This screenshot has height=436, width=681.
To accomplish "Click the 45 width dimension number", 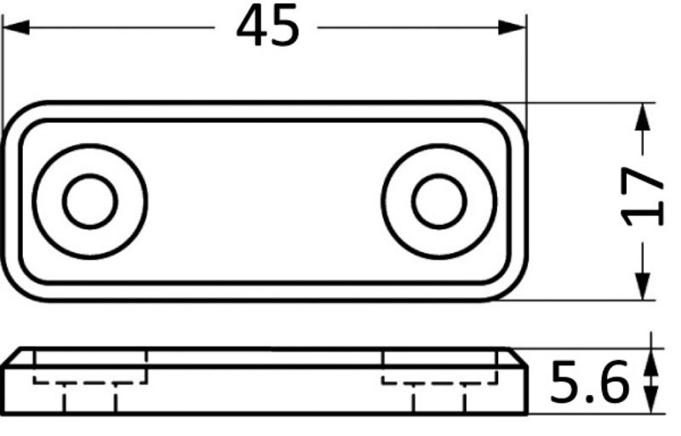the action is pos(268,26).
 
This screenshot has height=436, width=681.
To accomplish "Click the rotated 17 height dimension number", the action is pos(643,197).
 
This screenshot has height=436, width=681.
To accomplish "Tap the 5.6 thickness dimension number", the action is pos(589,381).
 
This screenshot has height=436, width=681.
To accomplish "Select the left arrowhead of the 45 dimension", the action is pos(16,27).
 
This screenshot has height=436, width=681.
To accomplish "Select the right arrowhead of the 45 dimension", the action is pos(512,27).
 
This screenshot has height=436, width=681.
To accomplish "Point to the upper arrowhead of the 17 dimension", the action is pos(643,117).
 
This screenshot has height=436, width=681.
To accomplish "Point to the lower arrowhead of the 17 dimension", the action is pos(643,287).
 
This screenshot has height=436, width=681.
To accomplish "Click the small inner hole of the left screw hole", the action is pos(90,202).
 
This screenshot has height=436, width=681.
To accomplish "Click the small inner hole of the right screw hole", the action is pos(439,202).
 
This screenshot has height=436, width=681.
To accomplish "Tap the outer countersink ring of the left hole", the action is pos(33,202).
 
